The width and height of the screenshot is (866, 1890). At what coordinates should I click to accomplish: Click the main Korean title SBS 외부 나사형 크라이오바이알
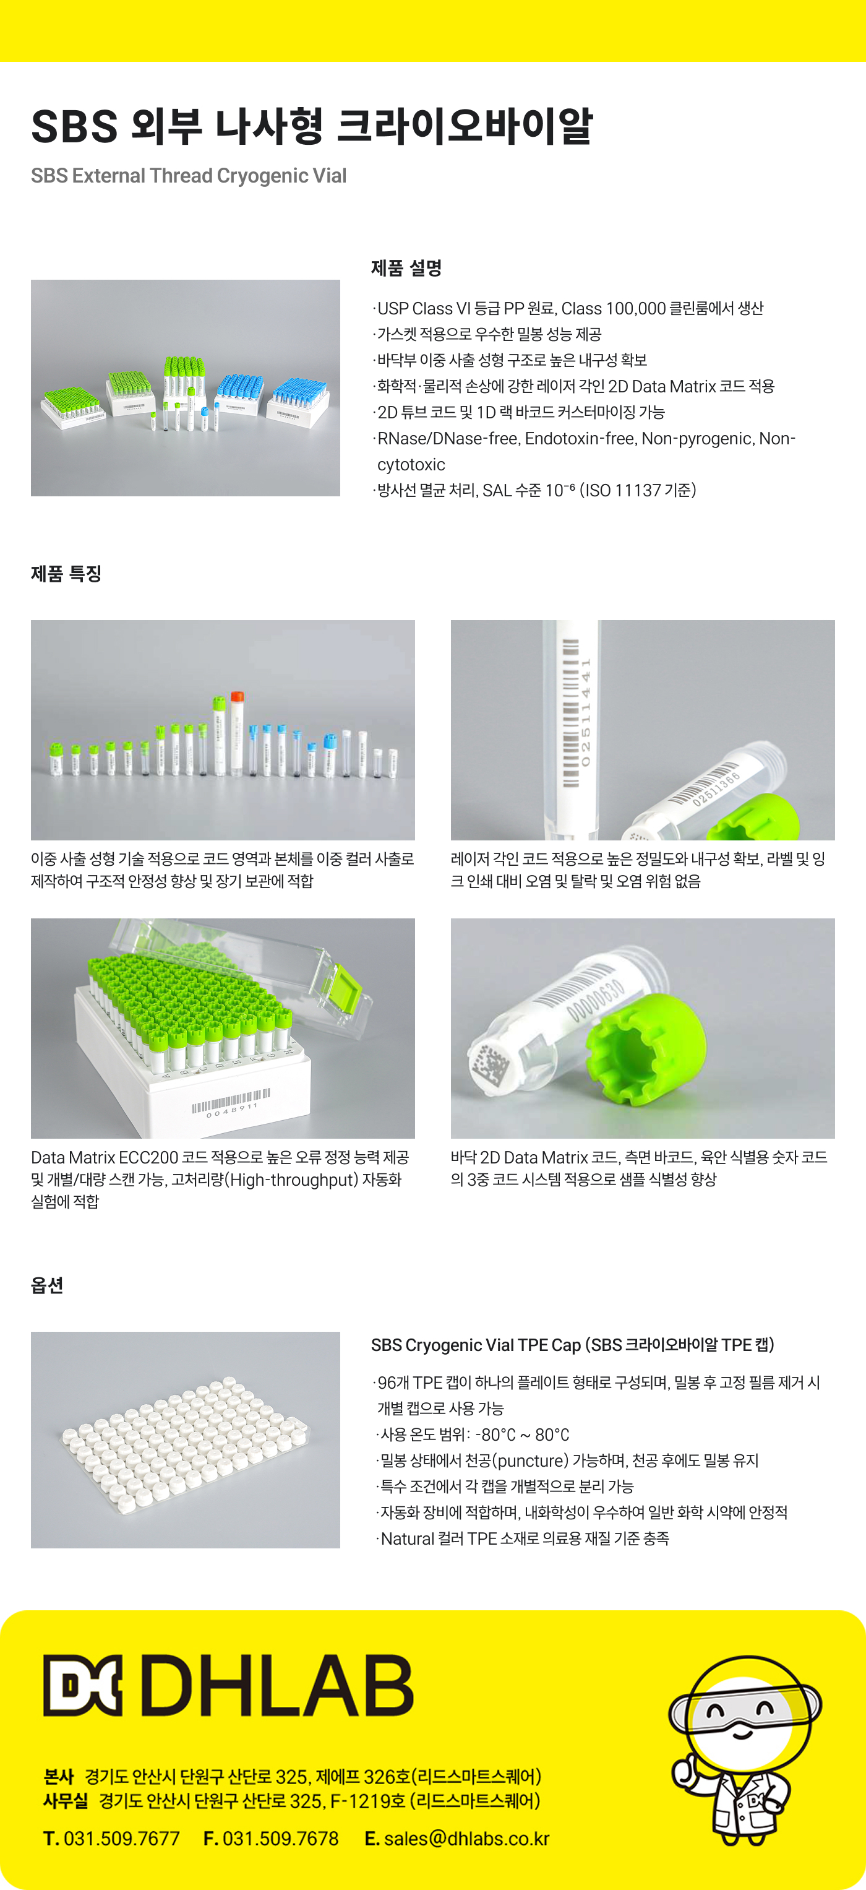tap(312, 126)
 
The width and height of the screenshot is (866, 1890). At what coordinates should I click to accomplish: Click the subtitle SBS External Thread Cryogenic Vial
tap(189, 176)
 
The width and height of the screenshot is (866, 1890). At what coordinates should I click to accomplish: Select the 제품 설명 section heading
tap(406, 268)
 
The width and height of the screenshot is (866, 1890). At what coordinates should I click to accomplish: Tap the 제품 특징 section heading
tap(66, 574)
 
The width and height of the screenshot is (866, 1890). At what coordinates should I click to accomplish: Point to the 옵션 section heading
tap(47, 1285)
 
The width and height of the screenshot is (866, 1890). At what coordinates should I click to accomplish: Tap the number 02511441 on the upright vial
tap(585, 712)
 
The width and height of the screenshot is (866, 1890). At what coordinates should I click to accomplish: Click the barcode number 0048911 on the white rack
tap(232, 1110)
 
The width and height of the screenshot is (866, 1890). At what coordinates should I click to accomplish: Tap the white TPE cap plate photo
tap(186, 1439)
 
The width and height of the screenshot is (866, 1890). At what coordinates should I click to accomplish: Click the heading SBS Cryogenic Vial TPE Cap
tap(573, 1345)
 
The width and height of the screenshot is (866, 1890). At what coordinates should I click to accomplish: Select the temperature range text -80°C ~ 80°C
tap(522, 1435)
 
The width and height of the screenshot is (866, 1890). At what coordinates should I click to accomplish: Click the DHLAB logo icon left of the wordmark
tap(82, 1685)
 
